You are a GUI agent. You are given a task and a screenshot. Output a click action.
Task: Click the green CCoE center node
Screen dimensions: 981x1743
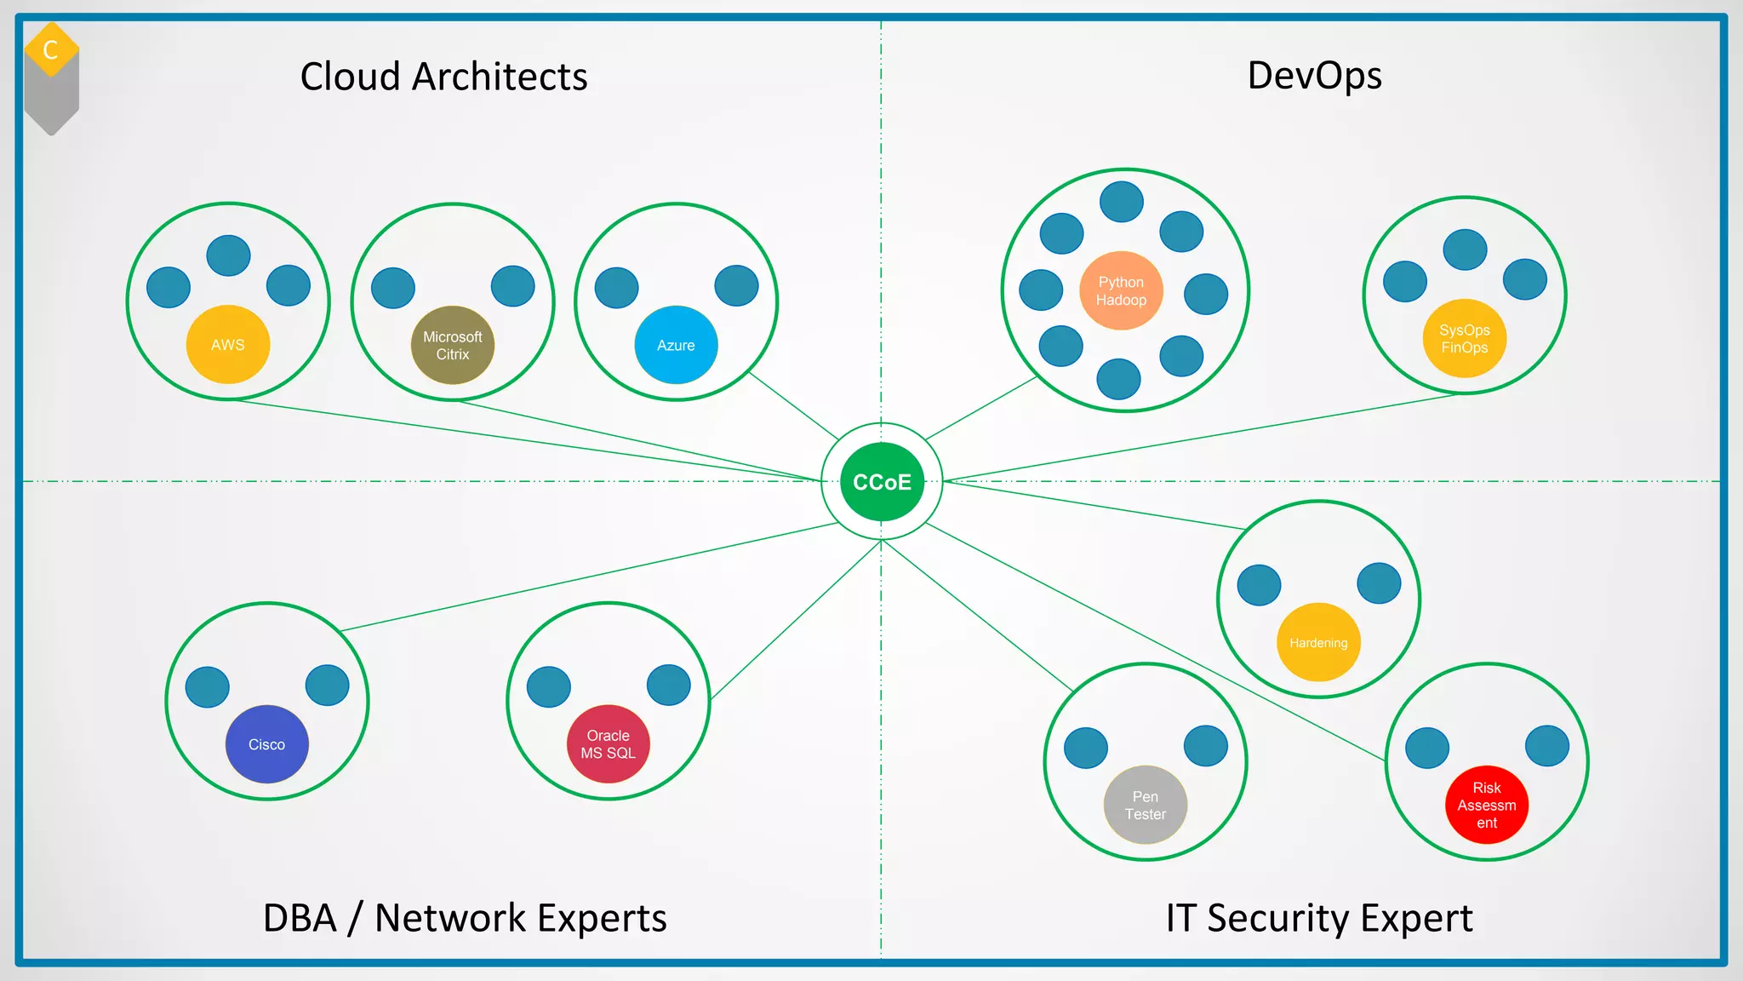coord(882,482)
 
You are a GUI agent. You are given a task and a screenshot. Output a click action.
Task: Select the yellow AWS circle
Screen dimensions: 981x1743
coord(228,345)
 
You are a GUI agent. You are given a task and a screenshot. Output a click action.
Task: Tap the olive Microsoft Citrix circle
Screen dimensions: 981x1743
coord(453,345)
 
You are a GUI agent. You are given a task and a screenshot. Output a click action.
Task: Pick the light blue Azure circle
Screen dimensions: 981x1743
coord(676,345)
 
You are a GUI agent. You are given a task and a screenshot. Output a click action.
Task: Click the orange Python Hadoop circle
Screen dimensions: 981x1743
coord(1121,291)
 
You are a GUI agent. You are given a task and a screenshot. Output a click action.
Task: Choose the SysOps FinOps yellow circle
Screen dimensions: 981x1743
coord(1465,338)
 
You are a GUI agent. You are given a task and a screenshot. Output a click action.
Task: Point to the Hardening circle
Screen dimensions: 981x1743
coord(1318,642)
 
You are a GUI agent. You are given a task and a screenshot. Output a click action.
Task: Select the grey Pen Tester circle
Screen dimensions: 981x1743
coord(1146,805)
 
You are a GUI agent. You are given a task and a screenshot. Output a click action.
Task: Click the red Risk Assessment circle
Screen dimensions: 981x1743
coord(1487,805)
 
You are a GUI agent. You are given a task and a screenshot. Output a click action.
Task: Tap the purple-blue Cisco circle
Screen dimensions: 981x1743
coord(267,744)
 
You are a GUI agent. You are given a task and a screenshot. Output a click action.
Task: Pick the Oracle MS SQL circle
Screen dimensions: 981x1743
coord(609,744)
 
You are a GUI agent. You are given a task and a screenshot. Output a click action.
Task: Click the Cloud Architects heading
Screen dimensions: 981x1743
coord(443,77)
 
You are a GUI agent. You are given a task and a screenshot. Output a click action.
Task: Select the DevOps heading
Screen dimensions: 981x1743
coord(1314,75)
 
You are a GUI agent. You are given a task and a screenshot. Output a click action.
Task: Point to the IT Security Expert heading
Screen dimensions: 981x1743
coord(1319,918)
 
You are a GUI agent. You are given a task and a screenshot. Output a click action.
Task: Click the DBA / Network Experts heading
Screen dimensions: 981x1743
coord(465,918)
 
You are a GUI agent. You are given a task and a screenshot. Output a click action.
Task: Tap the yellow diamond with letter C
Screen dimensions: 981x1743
coord(51,49)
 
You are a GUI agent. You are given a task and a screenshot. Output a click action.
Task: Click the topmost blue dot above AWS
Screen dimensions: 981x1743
coord(228,255)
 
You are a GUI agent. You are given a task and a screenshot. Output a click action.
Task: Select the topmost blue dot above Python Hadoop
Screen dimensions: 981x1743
coord(1122,202)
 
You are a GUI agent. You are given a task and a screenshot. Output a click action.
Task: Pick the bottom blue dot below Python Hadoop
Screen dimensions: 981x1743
coord(1118,379)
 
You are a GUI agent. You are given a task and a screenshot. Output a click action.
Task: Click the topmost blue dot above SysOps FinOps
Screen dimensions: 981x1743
coord(1465,250)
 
